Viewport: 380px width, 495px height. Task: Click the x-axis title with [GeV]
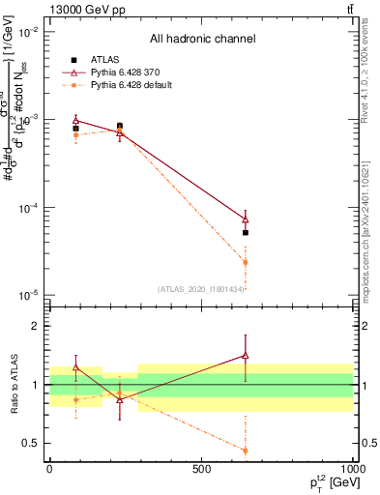coord(324,483)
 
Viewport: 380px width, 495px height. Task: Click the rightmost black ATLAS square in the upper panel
coord(246,233)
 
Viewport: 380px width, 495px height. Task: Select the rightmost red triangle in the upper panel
coord(246,219)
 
